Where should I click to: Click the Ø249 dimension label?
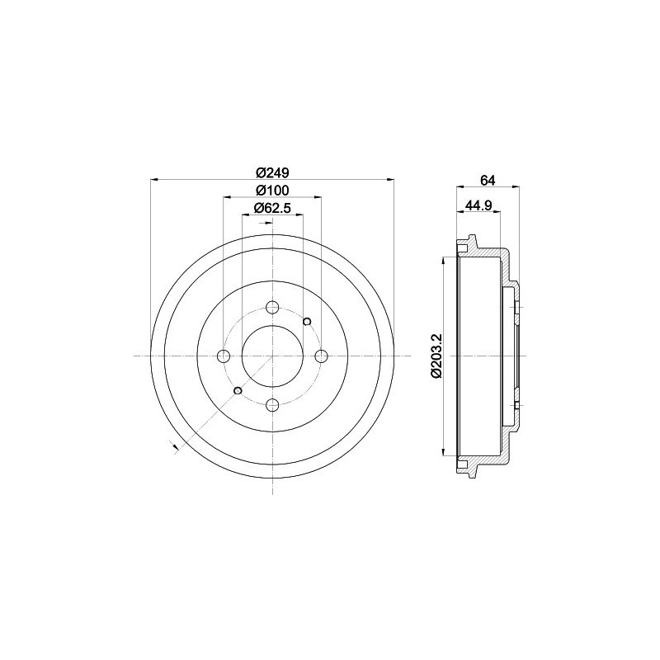click(273, 172)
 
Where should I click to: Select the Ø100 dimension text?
click(273, 191)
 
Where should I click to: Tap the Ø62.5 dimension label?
click(273, 209)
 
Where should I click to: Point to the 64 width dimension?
click(488, 180)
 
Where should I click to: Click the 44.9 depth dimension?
click(478, 205)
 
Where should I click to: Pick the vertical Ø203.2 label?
click(436, 356)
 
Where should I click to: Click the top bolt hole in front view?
click(273, 307)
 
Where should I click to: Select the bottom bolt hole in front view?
click(273, 405)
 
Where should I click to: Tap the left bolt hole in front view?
click(224, 356)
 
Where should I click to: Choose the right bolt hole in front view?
click(322, 356)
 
